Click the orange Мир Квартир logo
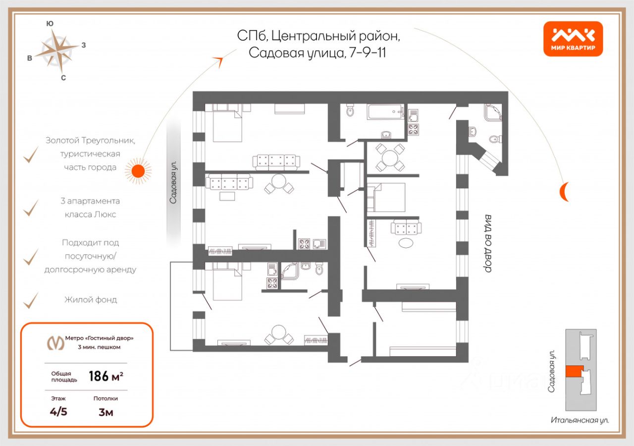point(573,39)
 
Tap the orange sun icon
point(138,171)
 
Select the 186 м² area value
point(106,377)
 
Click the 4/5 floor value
point(58,412)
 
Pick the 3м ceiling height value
point(106,412)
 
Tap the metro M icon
point(55,342)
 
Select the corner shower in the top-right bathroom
point(493,112)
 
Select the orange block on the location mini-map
point(575,372)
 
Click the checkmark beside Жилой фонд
point(31,300)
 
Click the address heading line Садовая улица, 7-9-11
point(317,53)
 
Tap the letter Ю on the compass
point(50,23)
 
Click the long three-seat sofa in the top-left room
point(276,162)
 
